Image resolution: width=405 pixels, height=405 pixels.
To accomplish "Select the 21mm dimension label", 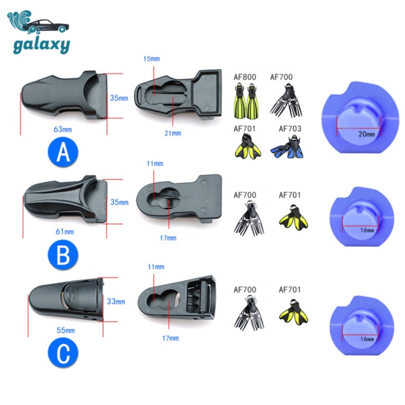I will click(x=173, y=133).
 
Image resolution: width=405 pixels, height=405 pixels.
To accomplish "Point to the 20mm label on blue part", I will click(x=366, y=133).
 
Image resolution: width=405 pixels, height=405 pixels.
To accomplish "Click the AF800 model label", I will click(x=244, y=77).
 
